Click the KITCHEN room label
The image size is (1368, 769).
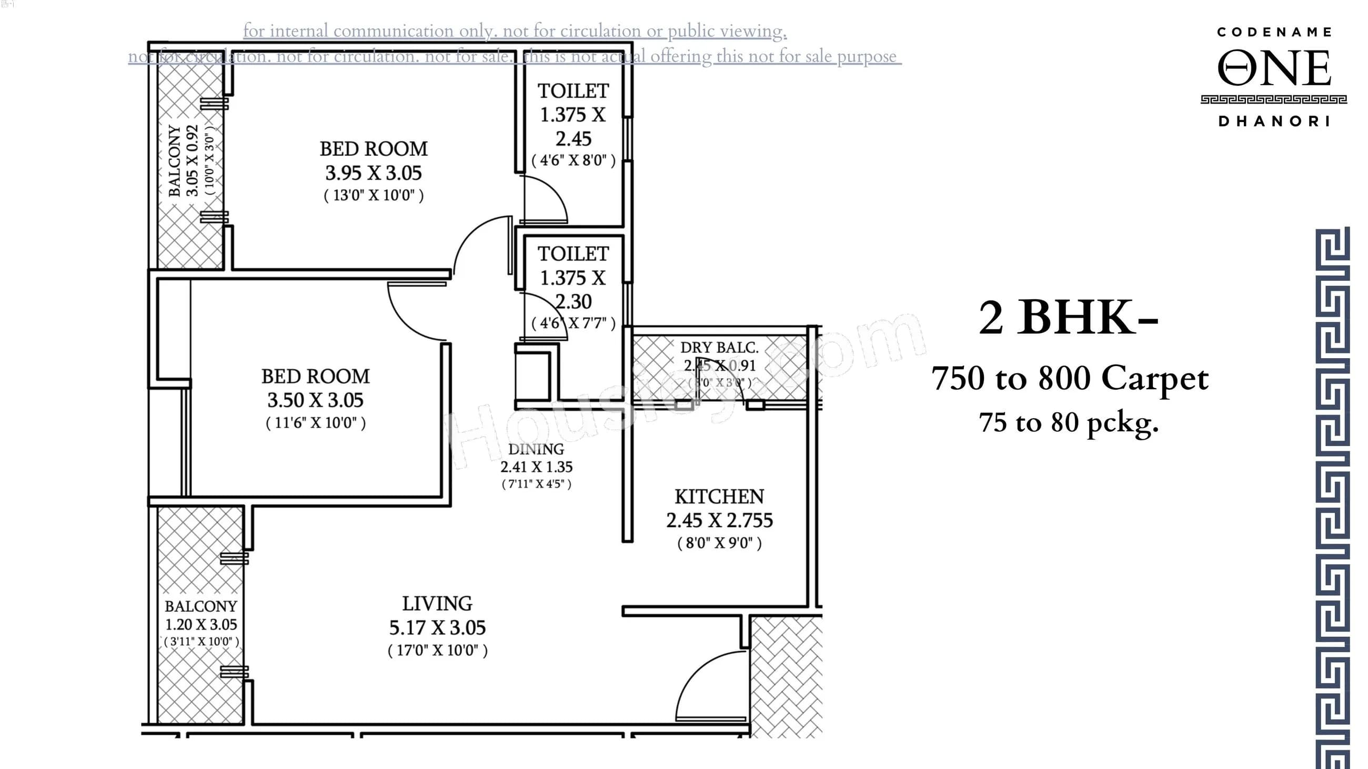(719, 497)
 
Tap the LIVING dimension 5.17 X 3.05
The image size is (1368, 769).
(437, 628)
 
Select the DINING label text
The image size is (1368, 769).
(536, 450)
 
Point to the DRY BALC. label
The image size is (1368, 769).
(719, 348)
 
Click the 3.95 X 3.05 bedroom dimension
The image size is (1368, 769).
(374, 173)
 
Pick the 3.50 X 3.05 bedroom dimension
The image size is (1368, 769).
(315, 400)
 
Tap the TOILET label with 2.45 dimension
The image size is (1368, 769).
(573, 92)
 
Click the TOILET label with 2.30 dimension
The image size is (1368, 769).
(573, 254)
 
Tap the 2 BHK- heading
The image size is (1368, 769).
(1068, 318)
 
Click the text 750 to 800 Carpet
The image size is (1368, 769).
(1070, 378)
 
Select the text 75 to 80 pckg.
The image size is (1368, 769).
(1069, 423)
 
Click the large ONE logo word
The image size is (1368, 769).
(1273, 68)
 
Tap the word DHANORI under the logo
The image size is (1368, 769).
(1273, 122)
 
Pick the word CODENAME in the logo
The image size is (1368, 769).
(1273, 33)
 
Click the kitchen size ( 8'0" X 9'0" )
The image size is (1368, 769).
(719, 543)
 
